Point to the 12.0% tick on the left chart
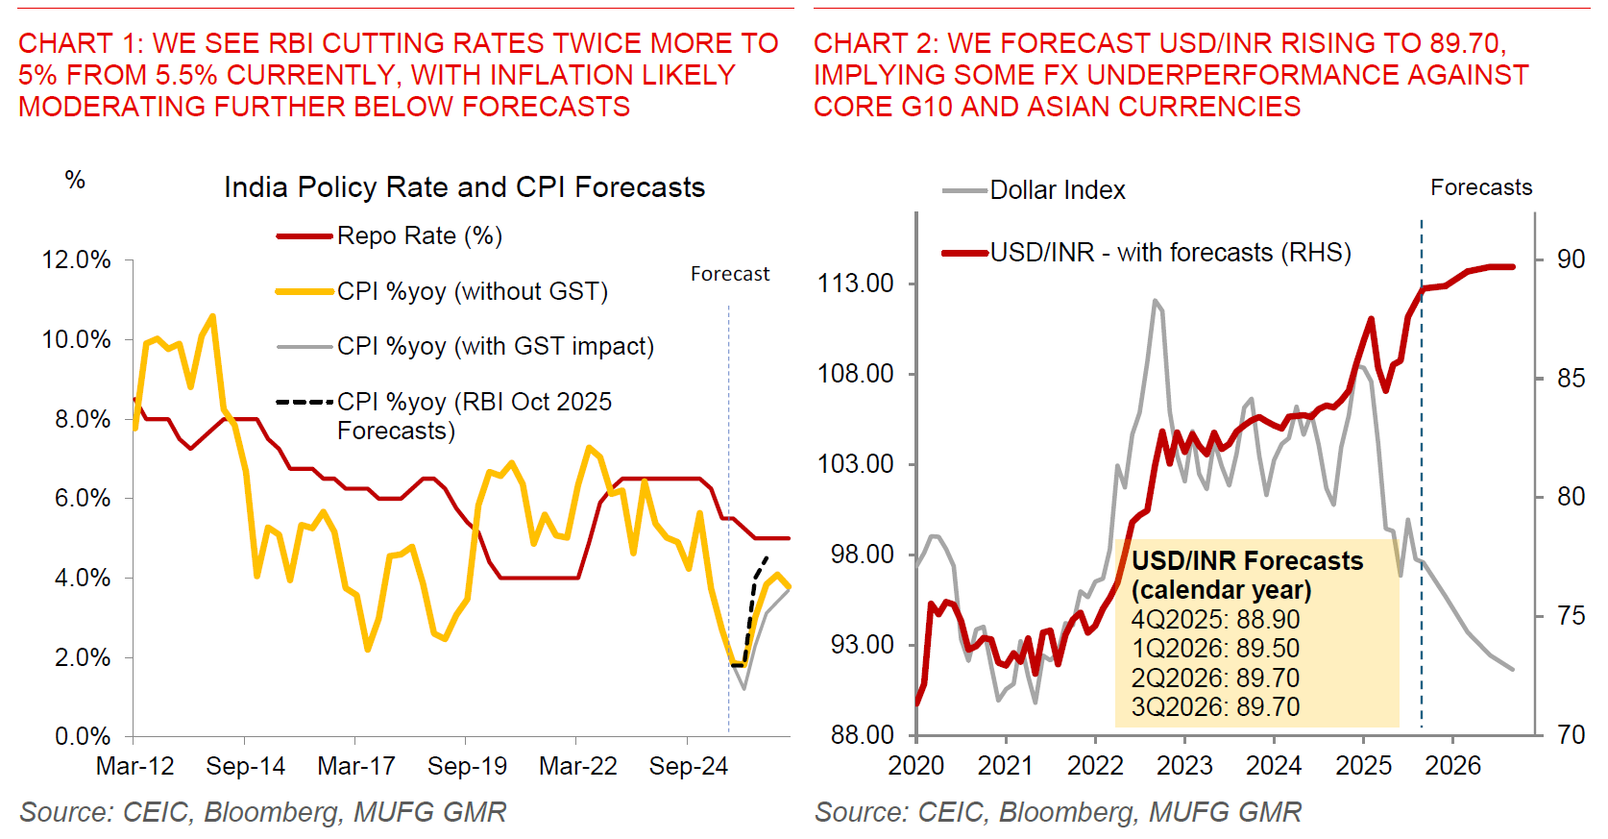coord(76,260)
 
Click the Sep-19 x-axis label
coord(467,766)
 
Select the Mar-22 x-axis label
coord(577,766)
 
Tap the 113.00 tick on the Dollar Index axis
coord(855,284)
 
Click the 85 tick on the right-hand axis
coord(1571,379)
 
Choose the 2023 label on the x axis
coord(1184,766)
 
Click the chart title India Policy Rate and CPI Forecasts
coord(464,187)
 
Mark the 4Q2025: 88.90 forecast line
coord(1215,620)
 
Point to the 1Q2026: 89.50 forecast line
coord(1215,649)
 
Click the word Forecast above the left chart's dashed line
coord(730,274)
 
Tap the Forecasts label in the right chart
coord(1481,187)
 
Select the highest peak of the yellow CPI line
coord(212,315)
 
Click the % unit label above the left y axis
coord(75,181)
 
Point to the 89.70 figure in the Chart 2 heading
coord(1464,43)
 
